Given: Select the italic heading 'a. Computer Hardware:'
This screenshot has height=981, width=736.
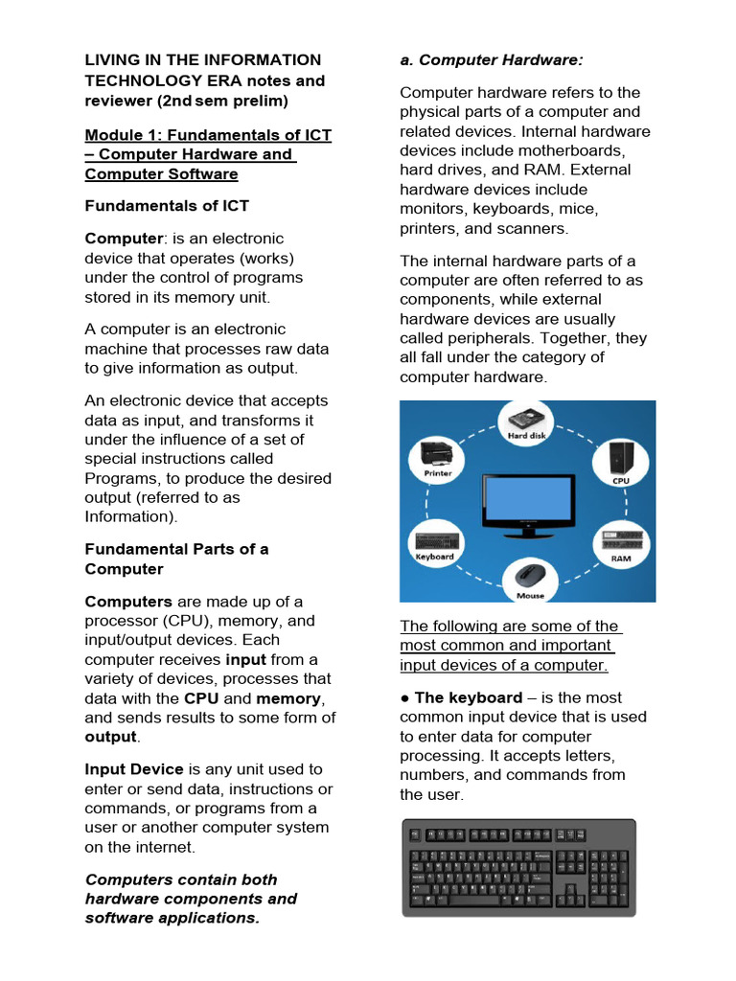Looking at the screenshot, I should point(491,60).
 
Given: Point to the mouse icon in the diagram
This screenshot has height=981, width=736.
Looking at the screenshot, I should point(530,577).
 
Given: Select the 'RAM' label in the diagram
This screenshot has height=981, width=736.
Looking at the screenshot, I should point(621,557).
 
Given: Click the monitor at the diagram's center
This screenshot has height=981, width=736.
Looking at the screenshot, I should point(528,502).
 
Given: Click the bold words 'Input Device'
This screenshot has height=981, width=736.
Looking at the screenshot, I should point(134,769).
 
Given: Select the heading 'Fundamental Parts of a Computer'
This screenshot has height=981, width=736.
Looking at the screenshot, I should point(176,559).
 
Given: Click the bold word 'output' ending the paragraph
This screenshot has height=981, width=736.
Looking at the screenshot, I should point(110,737).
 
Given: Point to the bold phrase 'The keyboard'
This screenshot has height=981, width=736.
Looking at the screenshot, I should point(469,697).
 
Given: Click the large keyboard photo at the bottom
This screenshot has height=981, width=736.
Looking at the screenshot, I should point(518,867).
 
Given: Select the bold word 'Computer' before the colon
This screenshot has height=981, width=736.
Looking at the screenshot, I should point(124,239).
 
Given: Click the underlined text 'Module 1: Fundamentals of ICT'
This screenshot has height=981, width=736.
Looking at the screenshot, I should point(208,135).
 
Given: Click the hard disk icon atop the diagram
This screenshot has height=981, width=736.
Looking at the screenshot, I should point(527,419).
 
